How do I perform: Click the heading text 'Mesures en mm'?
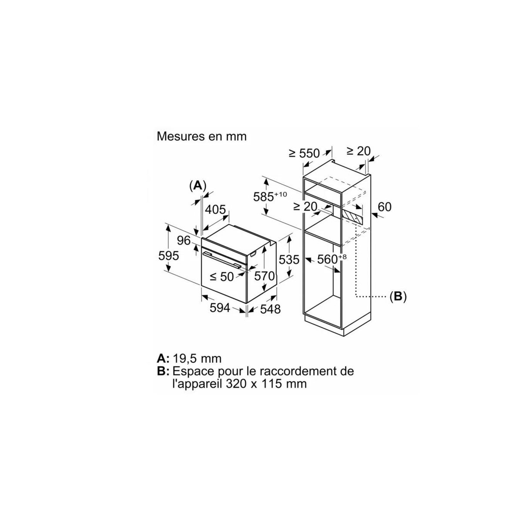point(201,136)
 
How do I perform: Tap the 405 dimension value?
point(215,209)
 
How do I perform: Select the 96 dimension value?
point(184,241)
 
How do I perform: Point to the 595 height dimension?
point(169,256)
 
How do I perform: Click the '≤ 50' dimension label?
point(222,277)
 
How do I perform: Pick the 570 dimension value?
point(264,276)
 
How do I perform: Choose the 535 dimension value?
point(289,260)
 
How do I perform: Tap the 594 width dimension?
point(220,308)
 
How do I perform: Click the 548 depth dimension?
point(270,309)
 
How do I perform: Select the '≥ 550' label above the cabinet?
point(304,153)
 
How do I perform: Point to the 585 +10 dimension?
point(270,196)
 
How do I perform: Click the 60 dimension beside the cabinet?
point(385,207)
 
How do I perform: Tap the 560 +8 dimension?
point(332,259)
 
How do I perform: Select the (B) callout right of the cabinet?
point(398,297)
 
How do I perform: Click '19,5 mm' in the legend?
point(197,358)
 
